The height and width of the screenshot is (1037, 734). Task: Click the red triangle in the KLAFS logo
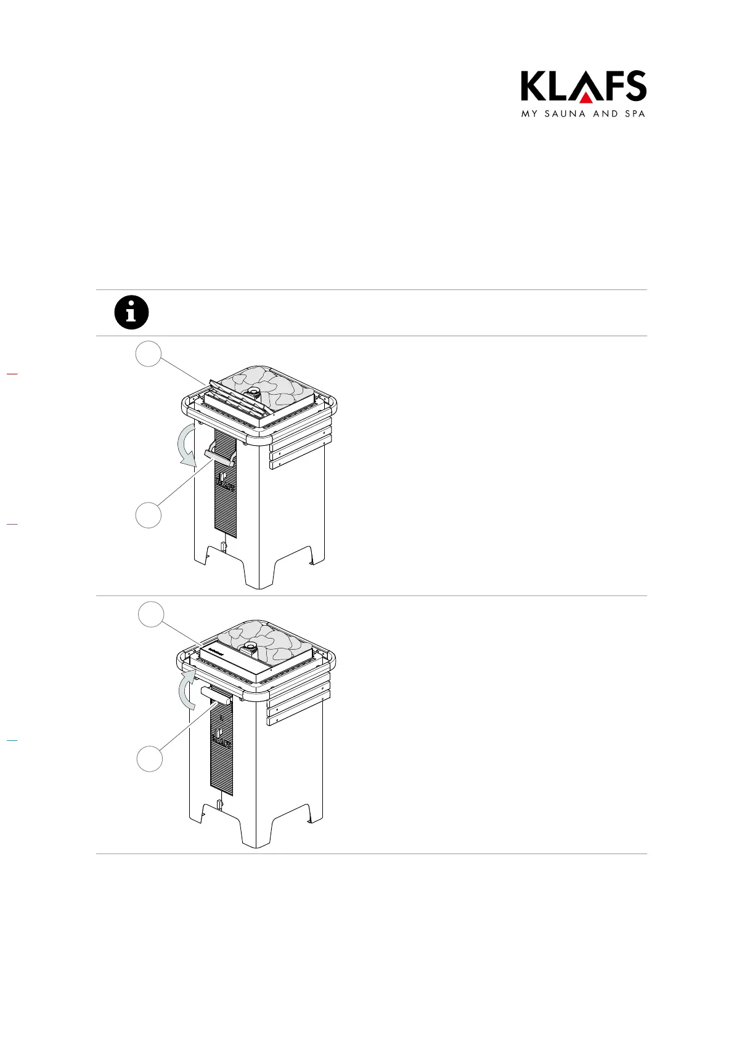(585, 98)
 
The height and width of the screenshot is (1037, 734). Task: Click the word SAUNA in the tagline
(565, 114)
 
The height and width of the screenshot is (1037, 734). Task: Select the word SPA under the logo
(634, 114)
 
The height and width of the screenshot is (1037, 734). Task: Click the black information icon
(132, 312)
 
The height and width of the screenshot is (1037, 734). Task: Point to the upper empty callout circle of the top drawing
(149, 353)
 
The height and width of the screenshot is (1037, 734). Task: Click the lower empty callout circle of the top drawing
(149, 515)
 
